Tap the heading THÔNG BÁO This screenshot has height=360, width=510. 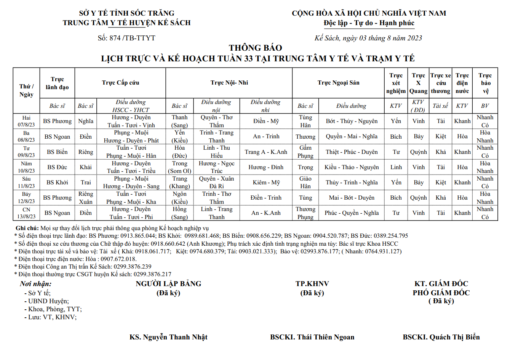pos(255,48)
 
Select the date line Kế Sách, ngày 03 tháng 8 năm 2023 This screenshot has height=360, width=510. pos(368,38)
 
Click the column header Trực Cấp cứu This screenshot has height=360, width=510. pos(120,83)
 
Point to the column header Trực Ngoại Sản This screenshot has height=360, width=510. pos(338,83)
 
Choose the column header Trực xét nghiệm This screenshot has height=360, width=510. pos(396,83)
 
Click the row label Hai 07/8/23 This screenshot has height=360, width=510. pos(26,121)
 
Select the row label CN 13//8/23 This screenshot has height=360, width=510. pos(26,213)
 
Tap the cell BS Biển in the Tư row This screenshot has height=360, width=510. pos(57,152)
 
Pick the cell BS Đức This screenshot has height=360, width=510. pos(57,167)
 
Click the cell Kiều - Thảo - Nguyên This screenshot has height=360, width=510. pos(352,167)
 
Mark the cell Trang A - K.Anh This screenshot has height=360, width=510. pos(266,152)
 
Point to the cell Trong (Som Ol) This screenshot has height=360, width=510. pos(179,167)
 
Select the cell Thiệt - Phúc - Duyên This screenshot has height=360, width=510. pos(352,152)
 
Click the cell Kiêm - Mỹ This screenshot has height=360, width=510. pos(266,182)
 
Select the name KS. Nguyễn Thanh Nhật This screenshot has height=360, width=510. pos(168,337)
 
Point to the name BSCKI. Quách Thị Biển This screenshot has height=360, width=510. pos(441,337)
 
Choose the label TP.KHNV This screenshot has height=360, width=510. pos(312,284)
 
